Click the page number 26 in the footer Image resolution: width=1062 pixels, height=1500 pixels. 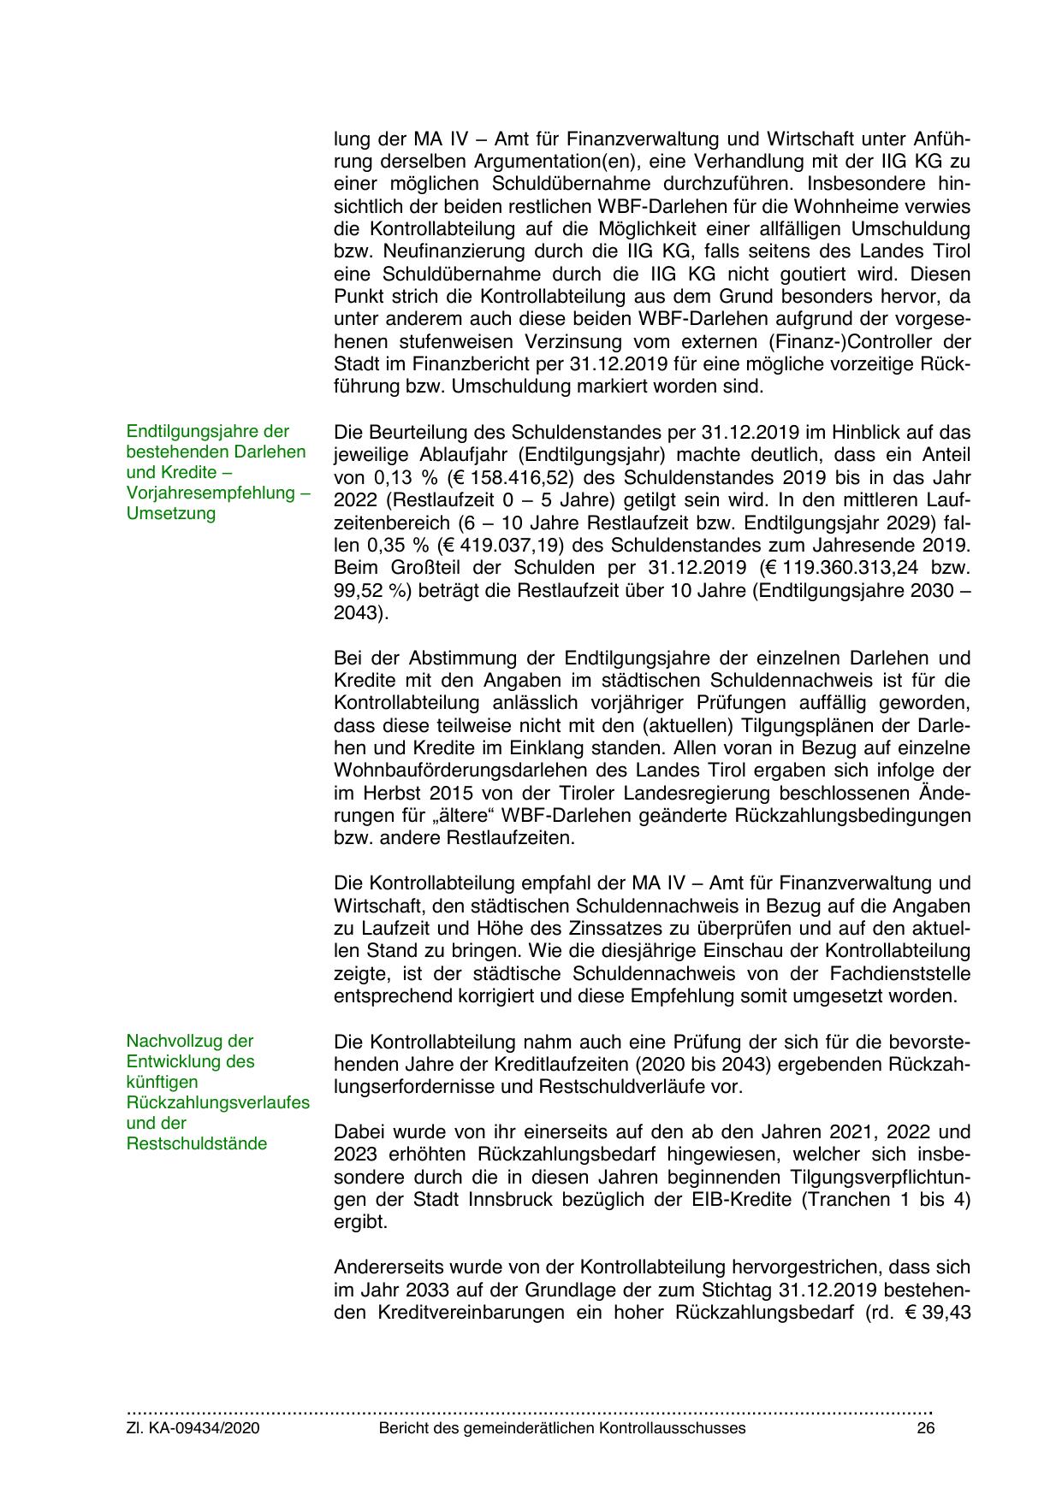point(925,1428)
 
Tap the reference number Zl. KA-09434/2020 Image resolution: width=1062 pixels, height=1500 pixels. point(193,1428)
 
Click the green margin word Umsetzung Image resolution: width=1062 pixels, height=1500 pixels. point(171,513)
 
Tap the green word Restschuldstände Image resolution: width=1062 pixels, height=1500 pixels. point(196,1143)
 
